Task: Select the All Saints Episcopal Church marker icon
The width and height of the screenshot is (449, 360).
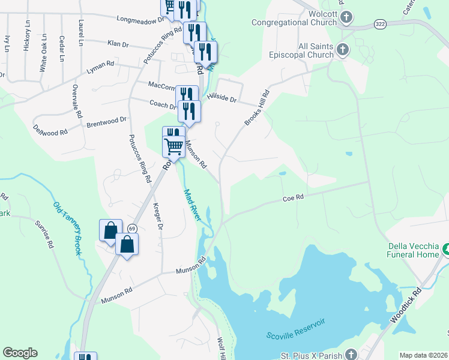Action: pos(342,50)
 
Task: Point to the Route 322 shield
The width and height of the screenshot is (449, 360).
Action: pos(380,23)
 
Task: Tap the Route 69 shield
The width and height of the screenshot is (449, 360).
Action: pos(132,228)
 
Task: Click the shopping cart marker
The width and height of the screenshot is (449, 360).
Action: pos(173,145)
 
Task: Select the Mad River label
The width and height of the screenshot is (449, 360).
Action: pos(192,205)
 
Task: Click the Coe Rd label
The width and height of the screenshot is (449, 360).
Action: pos(294,197)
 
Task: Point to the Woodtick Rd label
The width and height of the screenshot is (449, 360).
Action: pos(406,306)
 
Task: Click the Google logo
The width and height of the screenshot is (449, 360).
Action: pos(20,353)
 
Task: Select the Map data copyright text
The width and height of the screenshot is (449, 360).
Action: pos(423,355)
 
